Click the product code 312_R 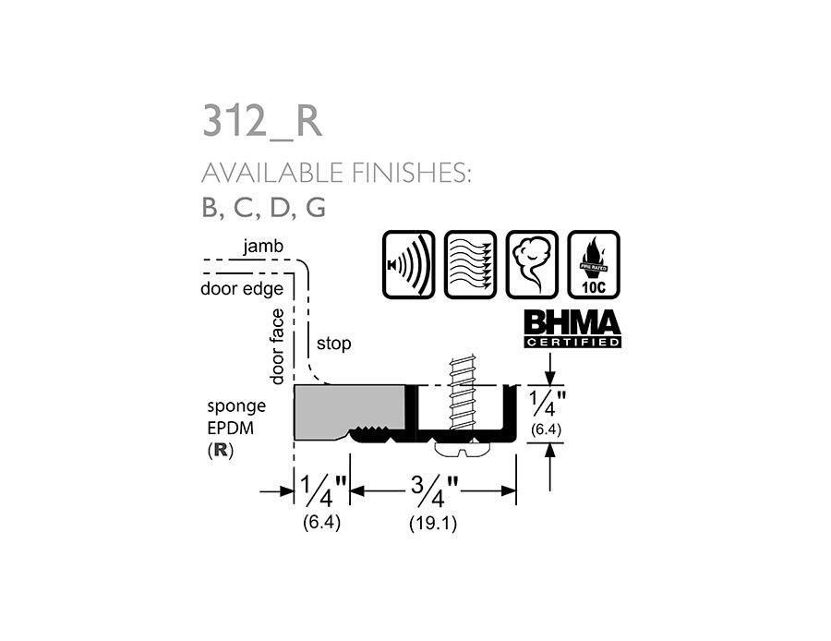262,122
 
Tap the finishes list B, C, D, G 263,208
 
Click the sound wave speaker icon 408,264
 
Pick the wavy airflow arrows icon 470,264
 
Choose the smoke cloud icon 532,264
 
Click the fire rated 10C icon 593,264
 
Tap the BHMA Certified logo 572,328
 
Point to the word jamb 263,247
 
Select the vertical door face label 277,346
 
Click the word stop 333,344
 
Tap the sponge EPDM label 235,417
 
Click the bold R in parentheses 220,452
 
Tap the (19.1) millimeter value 433,523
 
